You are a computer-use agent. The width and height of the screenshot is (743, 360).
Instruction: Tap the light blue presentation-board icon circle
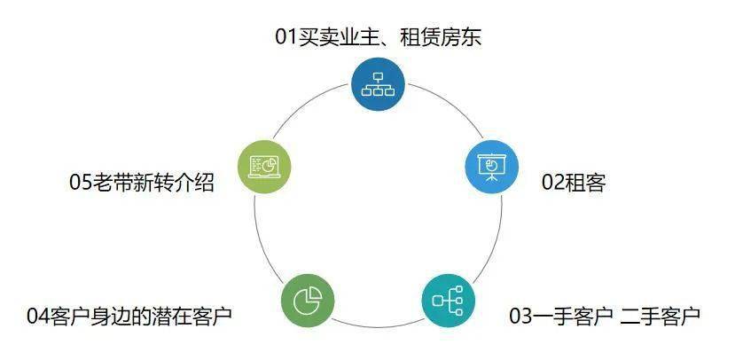coord(490,167)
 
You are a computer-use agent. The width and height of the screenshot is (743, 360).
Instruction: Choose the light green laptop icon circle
coord(264,167)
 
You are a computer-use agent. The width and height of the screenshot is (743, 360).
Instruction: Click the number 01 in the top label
coord(286,37)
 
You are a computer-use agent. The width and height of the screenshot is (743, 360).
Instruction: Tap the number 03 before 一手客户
coord(521,316)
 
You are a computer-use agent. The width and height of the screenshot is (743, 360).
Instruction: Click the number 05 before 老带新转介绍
coord(82,184)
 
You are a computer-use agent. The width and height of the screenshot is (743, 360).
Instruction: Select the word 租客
coord(586,184)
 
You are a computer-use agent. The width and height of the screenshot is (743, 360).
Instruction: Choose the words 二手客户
coord(665,316)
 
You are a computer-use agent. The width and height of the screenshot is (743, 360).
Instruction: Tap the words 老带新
coord(123,184)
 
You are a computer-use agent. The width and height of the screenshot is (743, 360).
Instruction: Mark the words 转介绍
coord(184,184)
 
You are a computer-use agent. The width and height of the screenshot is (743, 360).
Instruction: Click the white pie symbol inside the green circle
coord(307,300)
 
